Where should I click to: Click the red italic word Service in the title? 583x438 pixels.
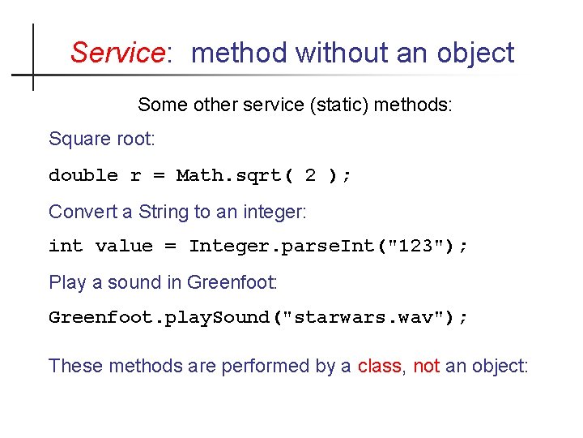click(x=117, y=54)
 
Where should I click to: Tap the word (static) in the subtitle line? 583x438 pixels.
click(x=334, y=105)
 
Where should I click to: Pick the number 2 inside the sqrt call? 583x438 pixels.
click(x=310, y=176)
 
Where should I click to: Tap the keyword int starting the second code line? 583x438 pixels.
click(x=66, y=247)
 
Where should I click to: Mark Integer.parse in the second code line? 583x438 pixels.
click(x=263, y=247)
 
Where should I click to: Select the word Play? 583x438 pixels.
click(x=66, y=283)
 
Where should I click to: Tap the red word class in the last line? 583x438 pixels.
click(x=379, y=366)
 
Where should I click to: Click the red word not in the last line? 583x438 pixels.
click(x=426, y=366)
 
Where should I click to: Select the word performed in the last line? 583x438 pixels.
click(x=246, y=366)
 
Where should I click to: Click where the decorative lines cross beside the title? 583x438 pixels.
click(x=33, y=75)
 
